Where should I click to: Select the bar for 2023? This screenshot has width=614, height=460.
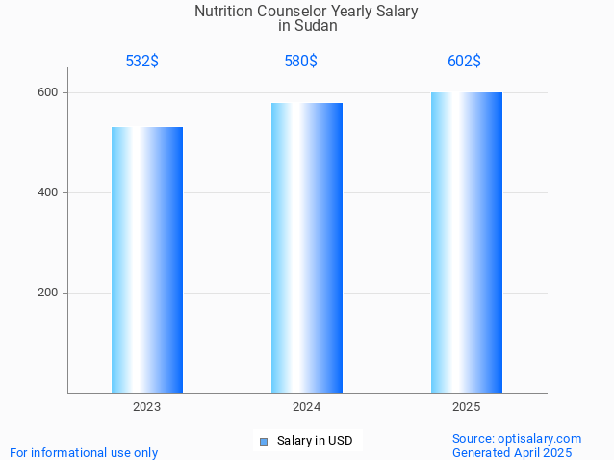pos(147,260)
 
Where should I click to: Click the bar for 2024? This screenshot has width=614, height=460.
pos(307,247)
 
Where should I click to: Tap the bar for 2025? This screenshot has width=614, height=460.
pos(467,243)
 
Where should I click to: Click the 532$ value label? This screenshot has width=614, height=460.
pos(142,62)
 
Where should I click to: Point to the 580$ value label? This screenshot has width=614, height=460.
pos(301,62)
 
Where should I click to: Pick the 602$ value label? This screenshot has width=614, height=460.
pos(464,62)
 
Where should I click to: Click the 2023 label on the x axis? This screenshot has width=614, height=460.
pos(147,407)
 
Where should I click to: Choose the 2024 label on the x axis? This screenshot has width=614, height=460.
pos(307,407)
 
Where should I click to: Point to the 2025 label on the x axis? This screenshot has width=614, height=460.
pos(467,407)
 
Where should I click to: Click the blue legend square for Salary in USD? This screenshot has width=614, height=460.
pos(264,442)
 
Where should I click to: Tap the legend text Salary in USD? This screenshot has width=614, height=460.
pos(315,442)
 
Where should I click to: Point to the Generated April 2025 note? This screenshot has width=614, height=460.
pos(512,452)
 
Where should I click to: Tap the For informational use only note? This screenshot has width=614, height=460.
pos(84,452)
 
